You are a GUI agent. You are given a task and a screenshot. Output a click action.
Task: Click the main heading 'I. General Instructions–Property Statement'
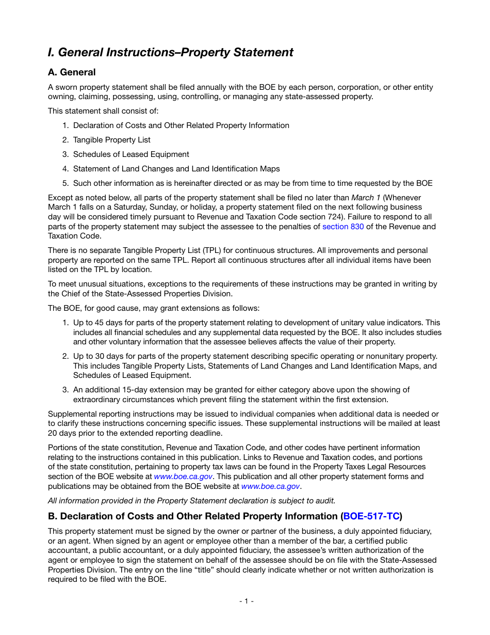pyautogui.click(x=170, y=52)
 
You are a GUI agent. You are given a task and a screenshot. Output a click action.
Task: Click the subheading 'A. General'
pyautogui.click(x=72, y=72)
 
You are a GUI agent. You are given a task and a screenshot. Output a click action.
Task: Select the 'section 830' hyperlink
pyautogui.click(x=343, y=227)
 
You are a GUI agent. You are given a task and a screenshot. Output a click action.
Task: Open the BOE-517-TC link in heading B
pyautogui.click(x=371, y=516)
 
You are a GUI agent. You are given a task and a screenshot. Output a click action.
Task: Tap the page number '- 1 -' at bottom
pyautogui.click(x=246, y=601)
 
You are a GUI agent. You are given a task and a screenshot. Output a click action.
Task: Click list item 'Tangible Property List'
pyautogui.click(x=111, y=140)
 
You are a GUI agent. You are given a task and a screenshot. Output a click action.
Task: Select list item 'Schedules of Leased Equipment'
pyautogui.click(x=131, y=154)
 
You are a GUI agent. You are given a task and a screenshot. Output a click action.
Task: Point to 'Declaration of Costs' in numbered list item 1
pyautogui.click(x=108, y=125)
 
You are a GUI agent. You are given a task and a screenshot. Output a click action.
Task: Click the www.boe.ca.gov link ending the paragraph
pyautogui.click(x=270, y=486)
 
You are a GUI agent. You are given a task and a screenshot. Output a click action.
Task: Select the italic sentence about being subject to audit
pyautogui.click(x=191, y=501)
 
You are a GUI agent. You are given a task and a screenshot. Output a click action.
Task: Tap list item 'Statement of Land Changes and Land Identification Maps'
pyautogui.click(x=176, y=169)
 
